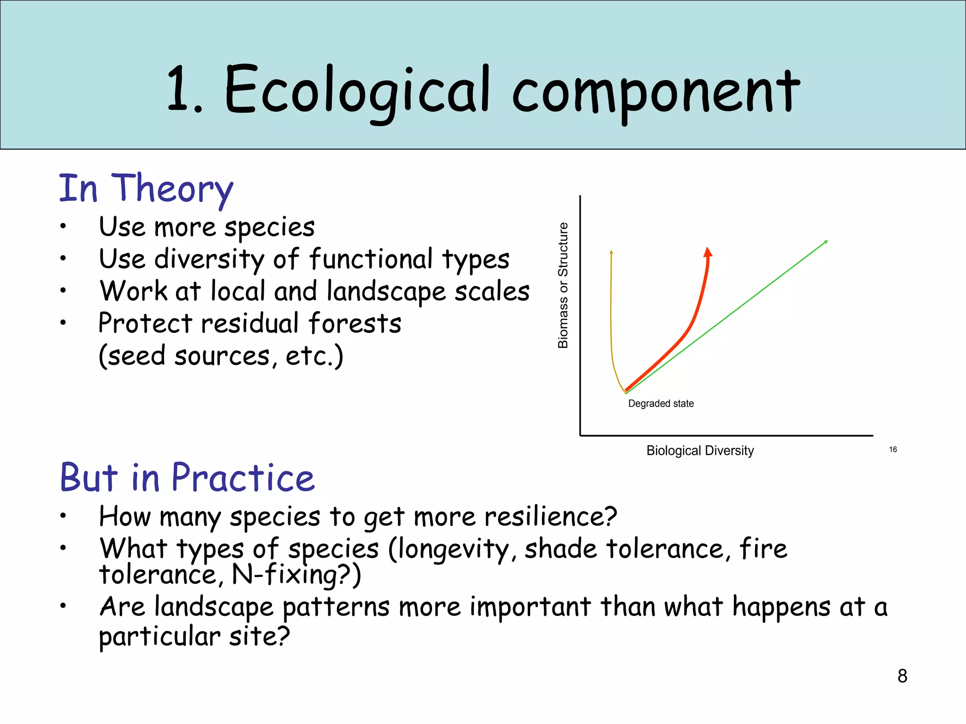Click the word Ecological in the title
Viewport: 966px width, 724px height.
pos(357,90)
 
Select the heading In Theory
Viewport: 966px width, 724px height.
pos(146,188)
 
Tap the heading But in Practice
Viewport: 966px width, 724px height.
pos(187,477)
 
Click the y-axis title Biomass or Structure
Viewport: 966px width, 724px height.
pos(563,286)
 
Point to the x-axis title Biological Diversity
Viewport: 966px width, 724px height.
pos(700,451)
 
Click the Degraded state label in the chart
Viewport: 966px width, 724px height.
pos(661,403)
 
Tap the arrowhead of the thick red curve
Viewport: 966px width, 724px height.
pos(708,252)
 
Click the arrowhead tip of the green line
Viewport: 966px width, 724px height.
pos(826,241)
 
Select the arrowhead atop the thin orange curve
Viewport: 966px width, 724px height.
pos(611,252)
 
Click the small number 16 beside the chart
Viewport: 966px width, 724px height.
pos(893,449)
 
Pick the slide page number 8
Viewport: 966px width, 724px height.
pos(902,676)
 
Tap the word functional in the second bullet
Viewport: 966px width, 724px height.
pos(371,259)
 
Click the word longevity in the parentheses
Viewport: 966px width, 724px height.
pos(452,550)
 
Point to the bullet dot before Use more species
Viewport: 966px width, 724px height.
pos(63,226)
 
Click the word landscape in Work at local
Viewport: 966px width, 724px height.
pos(386,291)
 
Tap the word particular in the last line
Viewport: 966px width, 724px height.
pos(159,636)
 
